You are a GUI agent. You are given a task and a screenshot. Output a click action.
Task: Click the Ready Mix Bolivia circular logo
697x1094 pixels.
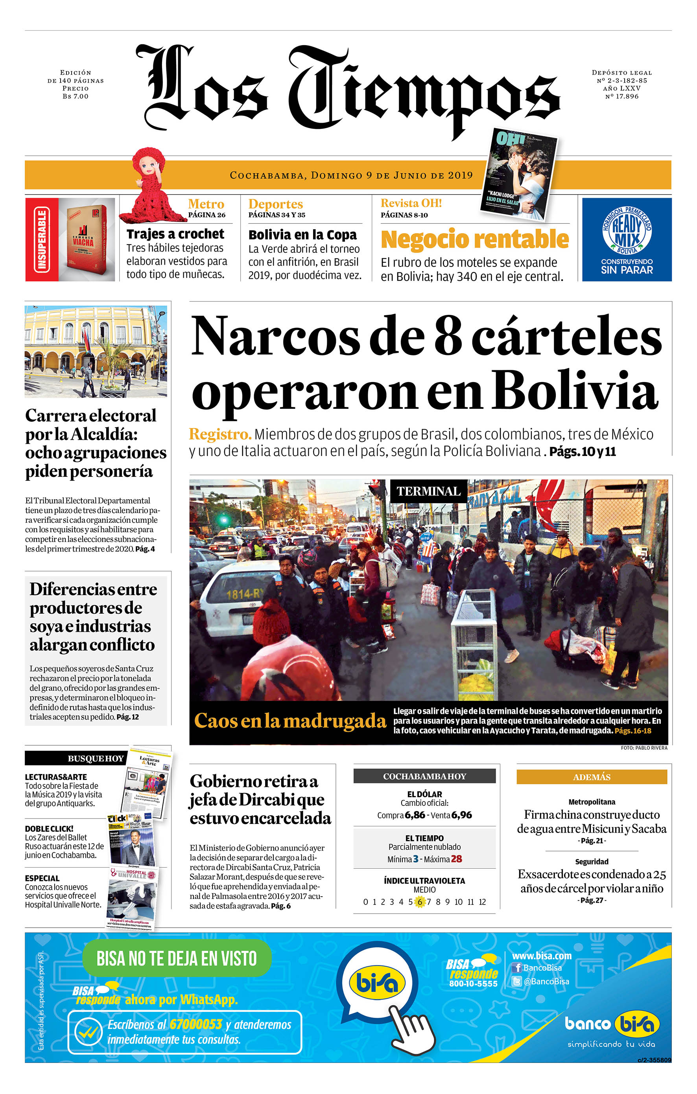click(627, 230)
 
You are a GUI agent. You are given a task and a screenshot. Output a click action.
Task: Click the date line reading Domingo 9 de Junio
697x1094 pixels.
click(351, 175)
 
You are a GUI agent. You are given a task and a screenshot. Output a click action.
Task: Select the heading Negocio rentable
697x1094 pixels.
click(474, 239)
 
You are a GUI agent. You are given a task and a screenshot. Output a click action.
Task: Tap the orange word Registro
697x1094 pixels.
click(220, 434)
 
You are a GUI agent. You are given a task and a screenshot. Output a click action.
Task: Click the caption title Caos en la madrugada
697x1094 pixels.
click(289, 721)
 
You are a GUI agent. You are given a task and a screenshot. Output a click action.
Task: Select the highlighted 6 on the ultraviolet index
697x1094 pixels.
click(420, 902)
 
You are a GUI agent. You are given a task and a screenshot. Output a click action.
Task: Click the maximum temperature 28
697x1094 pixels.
click(457, 859)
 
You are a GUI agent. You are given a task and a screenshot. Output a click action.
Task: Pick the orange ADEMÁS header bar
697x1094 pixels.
click(591, 777)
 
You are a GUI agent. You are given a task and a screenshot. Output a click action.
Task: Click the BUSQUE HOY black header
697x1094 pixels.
click(75, 758)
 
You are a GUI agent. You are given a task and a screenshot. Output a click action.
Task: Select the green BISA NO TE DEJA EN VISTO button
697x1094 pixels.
click(177, 958)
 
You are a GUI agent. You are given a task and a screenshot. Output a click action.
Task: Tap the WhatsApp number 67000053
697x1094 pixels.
click(195, 1024)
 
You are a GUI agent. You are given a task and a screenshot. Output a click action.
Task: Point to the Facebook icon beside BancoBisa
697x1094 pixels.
click(516, 968)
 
